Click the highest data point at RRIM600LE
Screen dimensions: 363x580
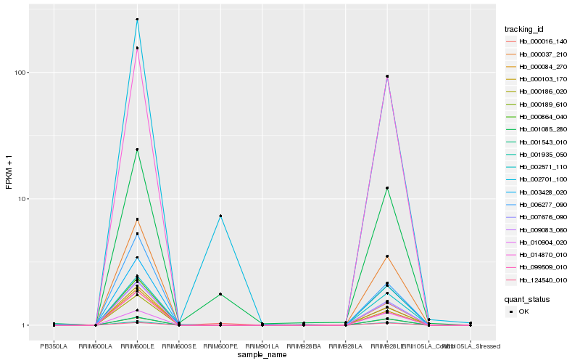pos(137,20)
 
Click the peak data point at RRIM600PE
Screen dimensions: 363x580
pos(220,216)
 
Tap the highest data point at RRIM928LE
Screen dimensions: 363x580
pos(387,76)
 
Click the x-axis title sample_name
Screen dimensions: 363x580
pos(265,354)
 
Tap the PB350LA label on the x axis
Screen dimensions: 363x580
pos(54,346)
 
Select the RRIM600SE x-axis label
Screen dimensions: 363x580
pos(178,346)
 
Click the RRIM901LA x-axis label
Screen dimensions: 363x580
pos(262,346)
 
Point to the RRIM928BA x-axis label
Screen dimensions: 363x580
pos(304,346)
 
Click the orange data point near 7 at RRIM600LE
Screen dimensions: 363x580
pos(137,219)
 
